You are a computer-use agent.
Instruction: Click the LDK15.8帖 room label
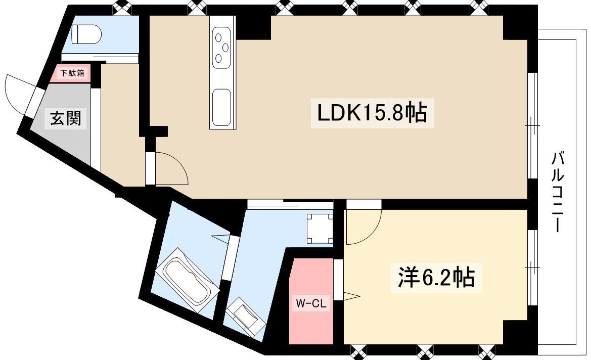pos(372,113)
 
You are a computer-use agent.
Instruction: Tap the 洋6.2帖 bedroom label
pos(436,278)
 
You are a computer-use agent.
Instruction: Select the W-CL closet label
pos(311,303)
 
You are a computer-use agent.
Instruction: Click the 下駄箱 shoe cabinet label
pos(72,73)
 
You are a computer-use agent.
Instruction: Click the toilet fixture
pos(86,34)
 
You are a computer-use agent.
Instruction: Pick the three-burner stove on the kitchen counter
pos(221,48)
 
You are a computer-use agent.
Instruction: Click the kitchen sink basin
pos(221,107)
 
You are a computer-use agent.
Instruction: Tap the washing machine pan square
pos(320,229)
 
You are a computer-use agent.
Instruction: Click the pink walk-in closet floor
pos(311,301)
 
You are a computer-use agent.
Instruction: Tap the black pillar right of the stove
pos(254,27)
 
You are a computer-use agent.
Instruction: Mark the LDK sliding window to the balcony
pos(532,125)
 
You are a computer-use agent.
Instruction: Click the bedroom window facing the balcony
pos(532,267)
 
